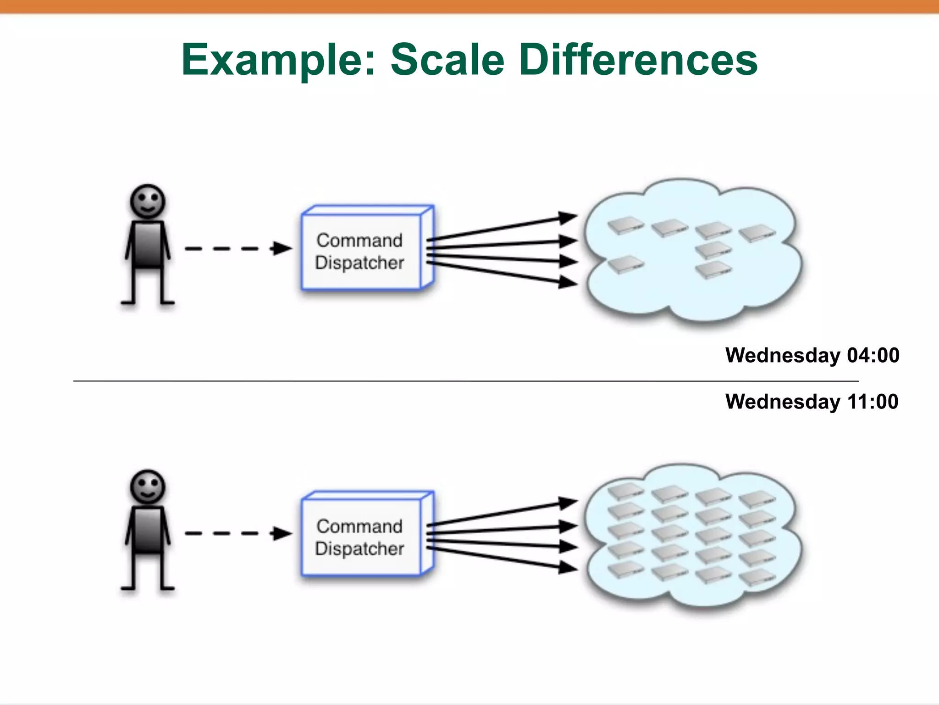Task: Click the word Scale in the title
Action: tap(447, 60)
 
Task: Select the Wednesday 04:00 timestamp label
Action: tap(812, 355)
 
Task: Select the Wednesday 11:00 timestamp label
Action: tap(812, 402)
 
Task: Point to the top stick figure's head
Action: tap(148, 201)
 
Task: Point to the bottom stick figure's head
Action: tap(148, 487)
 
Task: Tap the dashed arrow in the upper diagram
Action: tap(238, 249)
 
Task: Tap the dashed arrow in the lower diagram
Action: tap(238, 533)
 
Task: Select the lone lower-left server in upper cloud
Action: tap(625, 264)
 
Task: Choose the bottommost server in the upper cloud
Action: tap(713, 270)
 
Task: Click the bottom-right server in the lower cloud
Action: tap(757, 577)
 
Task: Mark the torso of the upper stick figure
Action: tap(148, 244)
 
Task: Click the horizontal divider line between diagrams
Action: tap(458, 381)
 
